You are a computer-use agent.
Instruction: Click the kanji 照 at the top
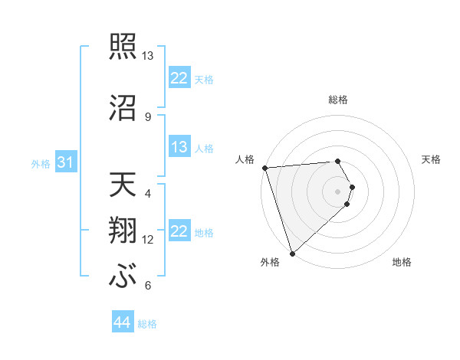[x=123, y=45]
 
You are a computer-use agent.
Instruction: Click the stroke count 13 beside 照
[x=148, y=56]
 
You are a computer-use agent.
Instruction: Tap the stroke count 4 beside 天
[x=148, y=194]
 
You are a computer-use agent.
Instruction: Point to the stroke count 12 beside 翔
[x=148, y=240]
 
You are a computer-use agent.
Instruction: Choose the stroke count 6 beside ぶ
[x=148, y=286]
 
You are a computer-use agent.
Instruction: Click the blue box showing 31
[x=65, y=163]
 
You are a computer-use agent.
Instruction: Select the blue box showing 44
[x=122, y=323]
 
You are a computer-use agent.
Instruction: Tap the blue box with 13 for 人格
[x=179, y=148]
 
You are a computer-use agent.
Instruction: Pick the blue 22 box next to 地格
[x=179, y=232]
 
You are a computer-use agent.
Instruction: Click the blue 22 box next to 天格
[x=179, y=78]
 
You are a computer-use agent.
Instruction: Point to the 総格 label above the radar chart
[x=338, y=100]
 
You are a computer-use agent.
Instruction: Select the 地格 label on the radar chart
[x=402, y=262]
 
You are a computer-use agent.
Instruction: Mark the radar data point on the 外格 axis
[x=292, y=253]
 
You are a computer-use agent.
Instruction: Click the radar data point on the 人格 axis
[x=264, y=168]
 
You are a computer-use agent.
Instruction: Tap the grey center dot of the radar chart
[x=338, y=191]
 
